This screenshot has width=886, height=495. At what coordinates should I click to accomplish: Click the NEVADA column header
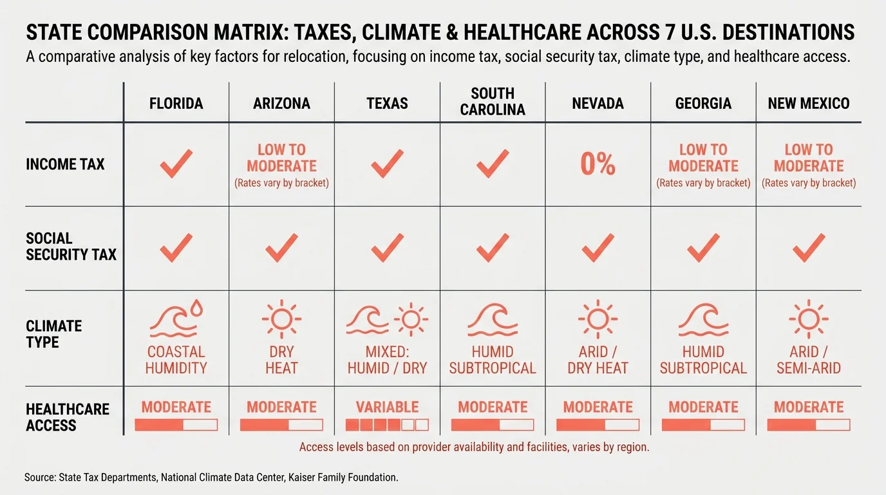(598, 103)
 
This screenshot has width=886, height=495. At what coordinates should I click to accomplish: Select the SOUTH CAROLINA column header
(493, 102)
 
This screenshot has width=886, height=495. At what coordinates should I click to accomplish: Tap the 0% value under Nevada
(598, 164)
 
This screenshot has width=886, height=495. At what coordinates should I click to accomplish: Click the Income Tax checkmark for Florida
(176, 164)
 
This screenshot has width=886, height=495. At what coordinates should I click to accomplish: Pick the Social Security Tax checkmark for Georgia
(703, 247)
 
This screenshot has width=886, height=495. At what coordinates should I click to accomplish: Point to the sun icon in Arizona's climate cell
(281, 318)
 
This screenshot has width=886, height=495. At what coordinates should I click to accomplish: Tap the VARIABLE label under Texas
(387, 407)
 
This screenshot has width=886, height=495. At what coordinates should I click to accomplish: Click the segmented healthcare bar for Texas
(387, 425)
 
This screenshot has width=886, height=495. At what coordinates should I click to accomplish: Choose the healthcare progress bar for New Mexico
(809, 425)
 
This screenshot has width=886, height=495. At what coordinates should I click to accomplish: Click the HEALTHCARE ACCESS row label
(68, 417)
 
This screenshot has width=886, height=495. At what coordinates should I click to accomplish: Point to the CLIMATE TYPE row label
(53, 334)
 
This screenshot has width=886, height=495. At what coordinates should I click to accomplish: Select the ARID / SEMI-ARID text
(809, 360)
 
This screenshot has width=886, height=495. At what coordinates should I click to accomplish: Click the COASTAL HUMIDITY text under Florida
(176, 360)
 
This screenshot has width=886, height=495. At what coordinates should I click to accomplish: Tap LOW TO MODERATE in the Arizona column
(281, 157)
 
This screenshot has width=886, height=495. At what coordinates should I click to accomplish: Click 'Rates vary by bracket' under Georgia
(703, 183)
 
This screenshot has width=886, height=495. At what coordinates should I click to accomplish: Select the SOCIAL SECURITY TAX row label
(71, 247)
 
